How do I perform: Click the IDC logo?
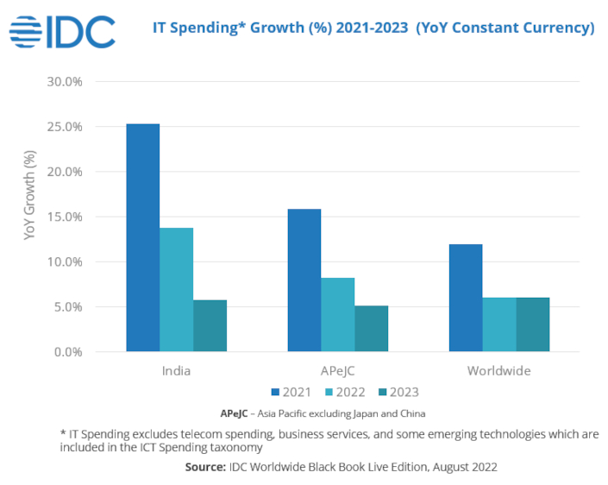click(x=61, y=31)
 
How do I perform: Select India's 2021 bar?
click(x=143, y=237)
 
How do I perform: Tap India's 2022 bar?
click(x=177, y=289)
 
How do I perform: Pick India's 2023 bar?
click(x=210, y=325)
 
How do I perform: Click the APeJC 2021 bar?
click(x=304, y=280)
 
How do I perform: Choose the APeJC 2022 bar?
click(x=338, y=314)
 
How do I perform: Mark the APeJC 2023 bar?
click(x=371, y=328)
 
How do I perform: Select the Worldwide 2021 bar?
click(x=466, y=298)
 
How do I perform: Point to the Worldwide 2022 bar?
click(x=499, y=324)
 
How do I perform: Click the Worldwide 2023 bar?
click(x=532, y=324)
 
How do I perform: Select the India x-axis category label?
click(x=176, y=371)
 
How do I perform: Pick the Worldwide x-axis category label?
click(x=499, y=371)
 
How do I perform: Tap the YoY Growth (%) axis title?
click(x=30, y=207)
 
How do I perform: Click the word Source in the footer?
click(x=205, y=467)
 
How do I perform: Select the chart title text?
click(x=373, y=28)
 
